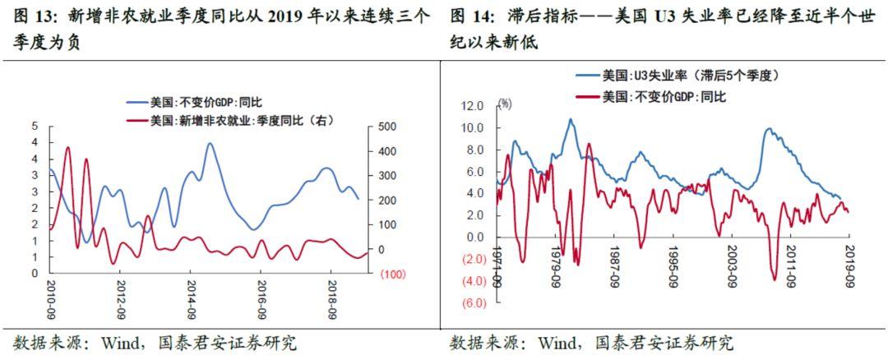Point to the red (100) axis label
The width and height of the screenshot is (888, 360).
[391, 274]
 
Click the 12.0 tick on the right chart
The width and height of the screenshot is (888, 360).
[472, 106]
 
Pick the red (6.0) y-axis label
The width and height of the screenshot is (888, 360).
[472, 302]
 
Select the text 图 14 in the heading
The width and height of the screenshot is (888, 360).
[469, 16]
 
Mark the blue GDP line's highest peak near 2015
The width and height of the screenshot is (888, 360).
[210, 144]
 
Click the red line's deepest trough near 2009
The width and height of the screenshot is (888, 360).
[775, 279]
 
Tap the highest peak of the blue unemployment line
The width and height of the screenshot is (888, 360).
[571, 119]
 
